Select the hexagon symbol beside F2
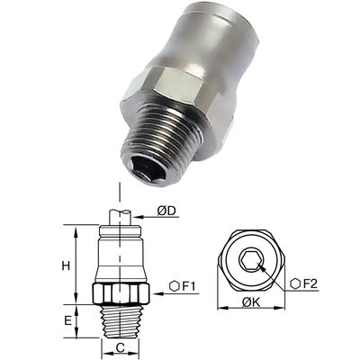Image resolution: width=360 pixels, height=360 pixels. [294, 284]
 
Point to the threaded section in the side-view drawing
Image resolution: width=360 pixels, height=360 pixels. [120, 319]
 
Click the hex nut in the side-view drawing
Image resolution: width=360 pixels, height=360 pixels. [120, 292]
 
